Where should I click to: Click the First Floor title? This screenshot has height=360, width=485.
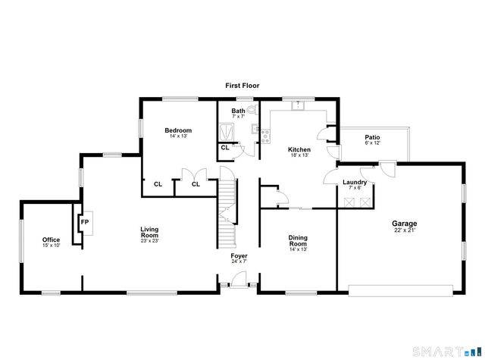(x=242, y=86)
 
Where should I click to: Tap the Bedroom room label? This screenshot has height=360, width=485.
(x=178, y=130)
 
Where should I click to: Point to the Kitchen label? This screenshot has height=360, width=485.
(x=299, y=150)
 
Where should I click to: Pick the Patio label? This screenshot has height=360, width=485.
(x=372, y=137)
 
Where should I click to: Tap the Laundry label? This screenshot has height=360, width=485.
(x=355, y=182)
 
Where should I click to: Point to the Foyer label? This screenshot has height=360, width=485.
(x=239, y=255)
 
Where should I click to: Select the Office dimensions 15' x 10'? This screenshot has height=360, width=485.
(x=51, y=246)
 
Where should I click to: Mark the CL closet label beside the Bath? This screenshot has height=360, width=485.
(x=225, y=147)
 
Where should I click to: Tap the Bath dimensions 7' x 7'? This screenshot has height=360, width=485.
(x=238, y=117)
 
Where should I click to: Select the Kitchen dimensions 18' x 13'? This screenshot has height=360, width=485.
(x=299, y=156)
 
